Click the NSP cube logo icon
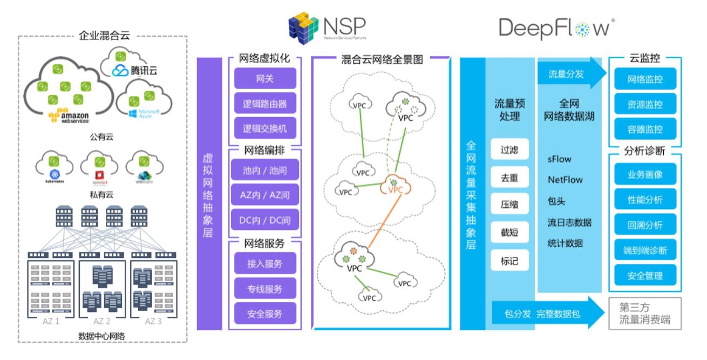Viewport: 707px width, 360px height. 304,26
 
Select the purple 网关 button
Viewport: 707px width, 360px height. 265,79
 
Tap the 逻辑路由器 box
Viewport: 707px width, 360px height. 265,104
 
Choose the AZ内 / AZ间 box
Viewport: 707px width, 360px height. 264,195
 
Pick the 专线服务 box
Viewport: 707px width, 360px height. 265,288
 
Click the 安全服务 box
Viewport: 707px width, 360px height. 265,313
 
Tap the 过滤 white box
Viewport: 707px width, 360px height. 509,150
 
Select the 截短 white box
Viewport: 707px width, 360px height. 509,233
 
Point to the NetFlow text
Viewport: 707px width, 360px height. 565,180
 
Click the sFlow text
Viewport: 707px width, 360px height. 559,159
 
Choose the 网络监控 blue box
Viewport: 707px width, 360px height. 645,80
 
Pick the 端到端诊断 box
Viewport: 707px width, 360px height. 645,250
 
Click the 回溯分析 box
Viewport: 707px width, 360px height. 645,225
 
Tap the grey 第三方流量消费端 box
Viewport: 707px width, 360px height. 645,313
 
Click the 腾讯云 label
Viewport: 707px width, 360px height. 135,70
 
